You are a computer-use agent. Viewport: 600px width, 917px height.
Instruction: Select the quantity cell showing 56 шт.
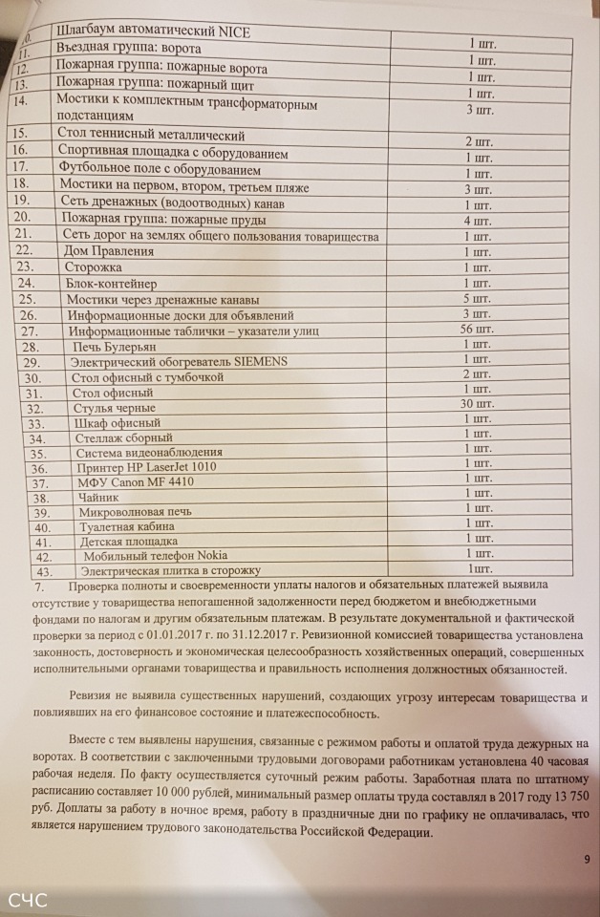pos(475,330)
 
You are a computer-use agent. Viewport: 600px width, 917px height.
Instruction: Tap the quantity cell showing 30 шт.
pos(476,405)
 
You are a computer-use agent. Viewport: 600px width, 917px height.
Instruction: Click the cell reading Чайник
pos(96,498)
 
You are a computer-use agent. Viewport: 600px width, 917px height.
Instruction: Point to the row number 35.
pos(37,453)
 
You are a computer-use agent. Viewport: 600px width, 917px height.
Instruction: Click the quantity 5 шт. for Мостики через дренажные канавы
pos(476,299)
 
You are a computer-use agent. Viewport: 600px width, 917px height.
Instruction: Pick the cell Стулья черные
pos(114,408)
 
